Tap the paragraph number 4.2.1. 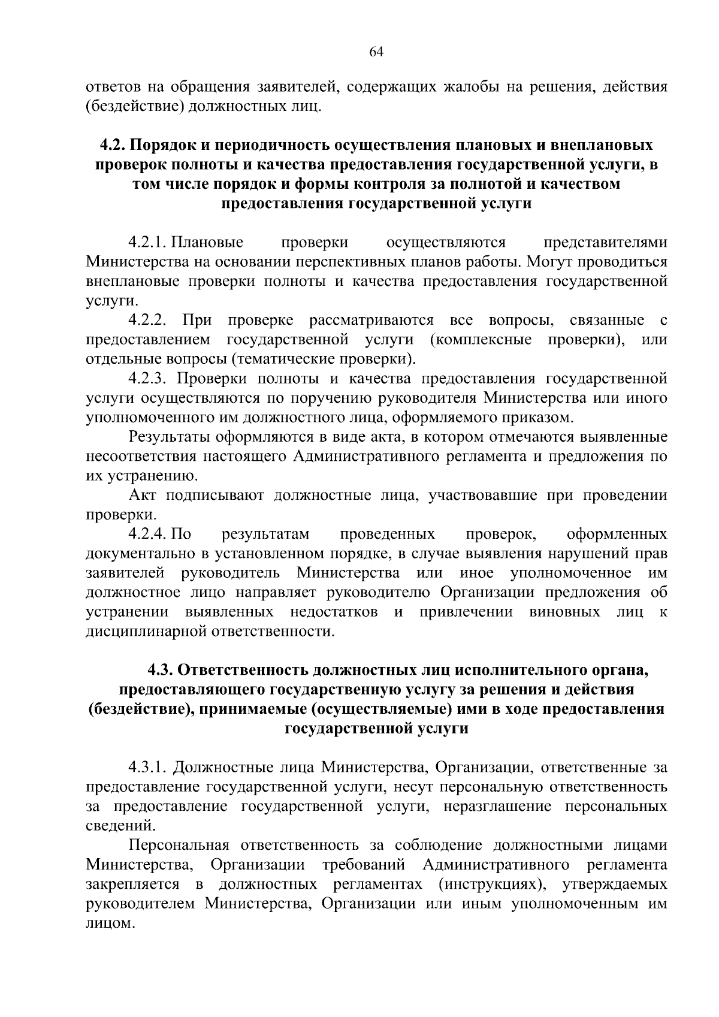[147, 243]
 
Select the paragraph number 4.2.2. [147, 321]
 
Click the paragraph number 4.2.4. [147, 534]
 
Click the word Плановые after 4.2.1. [207, 243]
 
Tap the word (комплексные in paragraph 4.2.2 [480, 340]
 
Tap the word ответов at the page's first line [111, 87]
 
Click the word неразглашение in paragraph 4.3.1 [499, 806]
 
